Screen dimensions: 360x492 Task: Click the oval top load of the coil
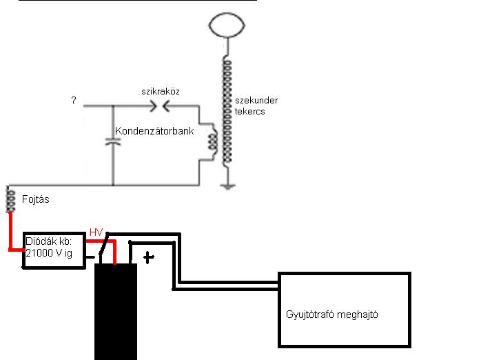(227, 26)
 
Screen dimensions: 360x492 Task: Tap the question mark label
(73, 101)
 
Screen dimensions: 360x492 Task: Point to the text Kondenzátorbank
(154, 131)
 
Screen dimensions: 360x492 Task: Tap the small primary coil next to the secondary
(213, 141)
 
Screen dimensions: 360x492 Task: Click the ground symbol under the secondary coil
(227, 185)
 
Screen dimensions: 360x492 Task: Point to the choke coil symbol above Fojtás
(10, 199)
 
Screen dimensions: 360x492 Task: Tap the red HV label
(96, 232)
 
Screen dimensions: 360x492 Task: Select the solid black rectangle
(115, 310)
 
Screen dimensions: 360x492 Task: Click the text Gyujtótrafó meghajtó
(332, 314)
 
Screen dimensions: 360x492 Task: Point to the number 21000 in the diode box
(41, 254)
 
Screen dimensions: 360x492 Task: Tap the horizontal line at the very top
(138, 1)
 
